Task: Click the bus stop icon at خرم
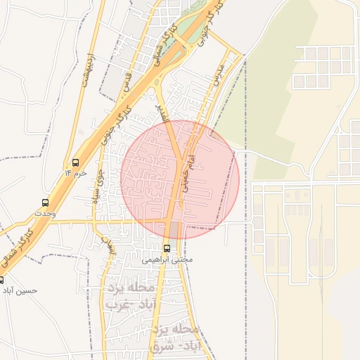[x=75, y=162]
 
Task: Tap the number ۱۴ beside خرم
[x=68, y=172]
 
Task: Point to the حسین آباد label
[x=19, y=289]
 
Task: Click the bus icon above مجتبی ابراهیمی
[x=167, y=248]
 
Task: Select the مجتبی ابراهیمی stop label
[x=167, y=259]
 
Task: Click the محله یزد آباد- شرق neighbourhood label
[x=176, y=337]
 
